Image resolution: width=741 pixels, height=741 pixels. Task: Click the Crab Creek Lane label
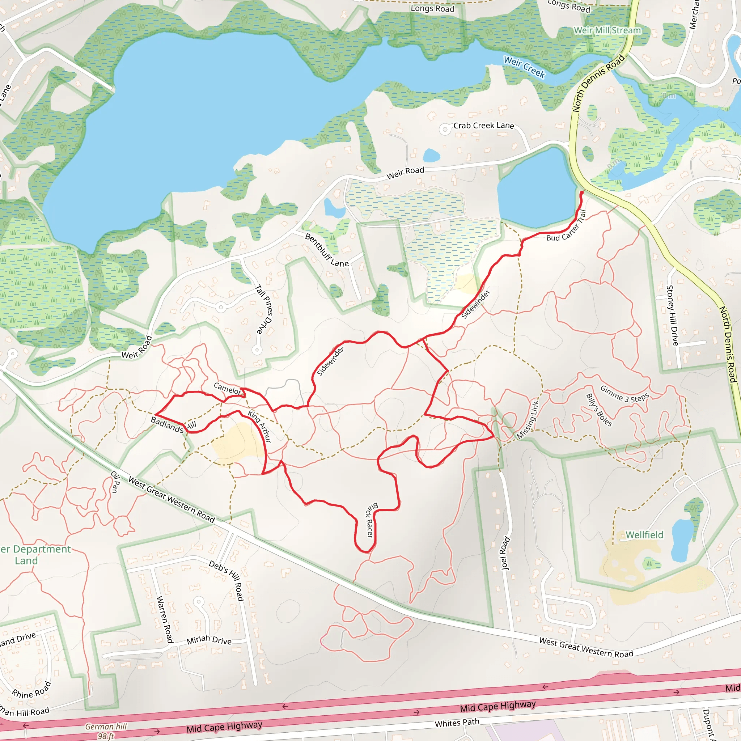tap(483, 126)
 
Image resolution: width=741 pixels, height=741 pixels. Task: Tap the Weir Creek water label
tap(524, 67)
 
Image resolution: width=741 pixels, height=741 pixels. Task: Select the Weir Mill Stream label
tap(607, 30)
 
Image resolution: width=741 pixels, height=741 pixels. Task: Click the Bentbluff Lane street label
tap(326, 250)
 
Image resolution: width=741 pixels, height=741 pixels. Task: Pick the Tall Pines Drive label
tap(264, 309)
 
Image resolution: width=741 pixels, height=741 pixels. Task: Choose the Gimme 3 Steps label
tap(624, 394)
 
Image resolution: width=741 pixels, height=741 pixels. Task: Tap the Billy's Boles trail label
tap(599, 410)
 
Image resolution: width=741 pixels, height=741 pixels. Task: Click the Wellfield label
tap(644, 535)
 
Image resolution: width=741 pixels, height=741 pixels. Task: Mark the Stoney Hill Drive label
tap(672, 315)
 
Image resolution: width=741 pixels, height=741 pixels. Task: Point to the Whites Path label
tap(457, 723)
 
